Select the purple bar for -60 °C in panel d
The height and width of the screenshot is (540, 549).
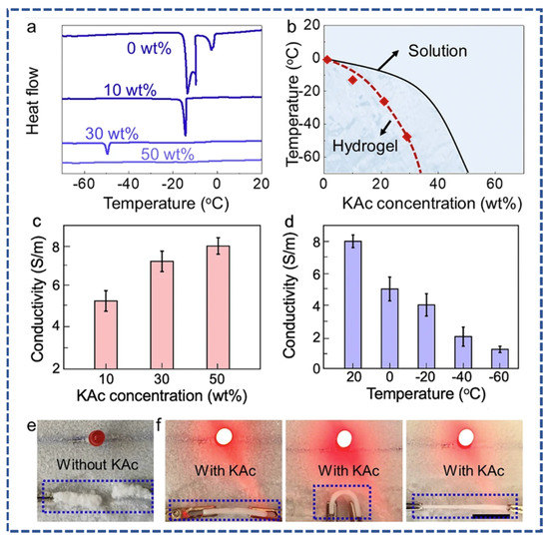pos(500,358)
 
